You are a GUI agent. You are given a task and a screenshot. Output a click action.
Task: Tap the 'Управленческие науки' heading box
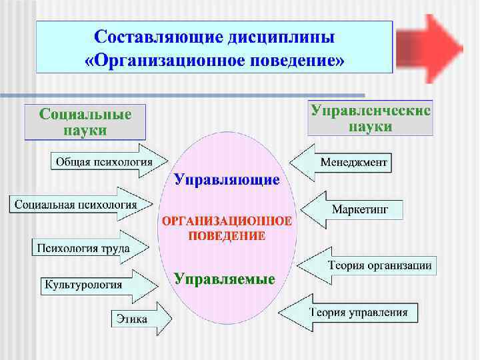(x=371, y=118)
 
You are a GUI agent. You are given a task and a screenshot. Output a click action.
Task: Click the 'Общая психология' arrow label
(x=103, y=161)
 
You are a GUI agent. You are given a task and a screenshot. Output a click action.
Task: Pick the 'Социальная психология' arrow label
(x=75, y=204)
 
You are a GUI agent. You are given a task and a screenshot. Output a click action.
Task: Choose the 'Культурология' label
(x=83, y=285)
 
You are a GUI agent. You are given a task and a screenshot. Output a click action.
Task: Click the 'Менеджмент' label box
(x=352, y=162)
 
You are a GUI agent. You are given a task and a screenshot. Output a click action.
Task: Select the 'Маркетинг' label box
(x=367, y=209)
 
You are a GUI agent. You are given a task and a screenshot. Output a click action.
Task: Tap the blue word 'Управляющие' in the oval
(x=227, y=179)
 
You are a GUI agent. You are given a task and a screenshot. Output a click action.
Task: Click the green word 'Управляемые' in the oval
(x=225, y=279)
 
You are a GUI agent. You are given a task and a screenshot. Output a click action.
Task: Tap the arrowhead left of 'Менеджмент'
(x=303, y=161)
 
